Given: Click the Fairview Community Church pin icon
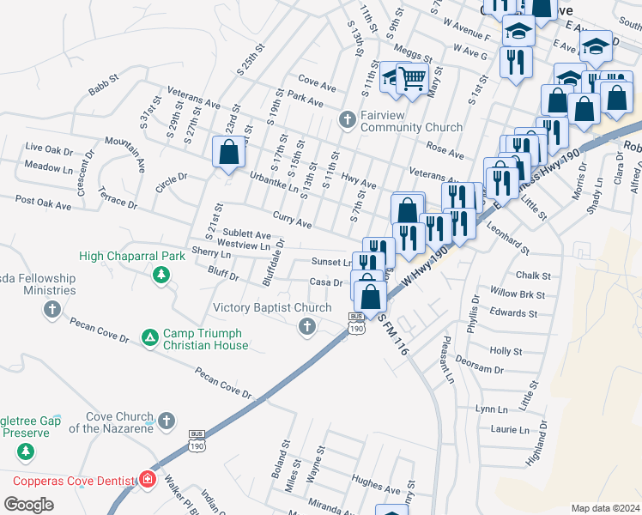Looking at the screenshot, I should [x=347, y=118].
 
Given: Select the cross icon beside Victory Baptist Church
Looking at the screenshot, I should [x=306, y=325].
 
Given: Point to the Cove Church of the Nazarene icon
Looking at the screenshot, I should [x=167, y=421].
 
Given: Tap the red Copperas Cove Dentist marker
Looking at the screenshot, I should [x=148, y=477].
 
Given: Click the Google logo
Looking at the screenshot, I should [x=28, y=505].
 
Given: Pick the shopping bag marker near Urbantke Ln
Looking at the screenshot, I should [x=228, y=154].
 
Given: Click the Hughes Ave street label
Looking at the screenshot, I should [x=376, y=484].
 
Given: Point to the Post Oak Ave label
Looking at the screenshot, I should [x=43, y=203].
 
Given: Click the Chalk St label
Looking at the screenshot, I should [x=533, y=276].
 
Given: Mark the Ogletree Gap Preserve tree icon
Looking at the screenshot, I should [x=26, y=450].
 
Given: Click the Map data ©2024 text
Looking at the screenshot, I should [x=604, y=508].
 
